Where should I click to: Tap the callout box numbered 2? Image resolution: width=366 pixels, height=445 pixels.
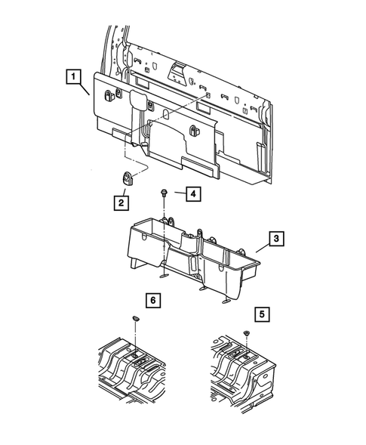(121, 202)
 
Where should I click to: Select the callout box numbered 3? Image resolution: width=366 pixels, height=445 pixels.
(277, 239)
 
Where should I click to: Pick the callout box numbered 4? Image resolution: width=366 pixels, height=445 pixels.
(192, 194)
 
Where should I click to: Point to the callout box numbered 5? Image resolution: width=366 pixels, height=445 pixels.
(261, 311)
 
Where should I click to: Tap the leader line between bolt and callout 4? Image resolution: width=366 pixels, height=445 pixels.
(176, 194)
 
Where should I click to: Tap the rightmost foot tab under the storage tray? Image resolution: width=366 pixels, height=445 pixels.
(226, 301)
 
